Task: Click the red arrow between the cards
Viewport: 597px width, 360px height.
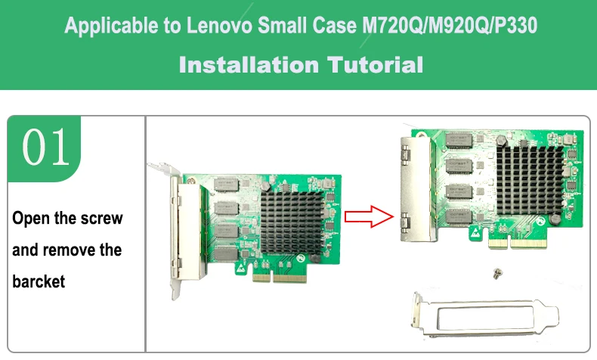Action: click(x=369, y=216)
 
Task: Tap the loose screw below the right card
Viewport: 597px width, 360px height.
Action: click(x=497, y=273)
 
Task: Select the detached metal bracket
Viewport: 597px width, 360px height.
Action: click(x=484, y=315)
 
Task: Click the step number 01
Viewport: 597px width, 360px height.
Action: click(x=45, y=147)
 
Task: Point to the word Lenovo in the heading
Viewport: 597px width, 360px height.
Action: click(x=219, y=26)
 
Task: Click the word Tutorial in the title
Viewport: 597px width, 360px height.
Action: click(x=375, y=65)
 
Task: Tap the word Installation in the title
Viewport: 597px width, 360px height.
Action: click(x=249, y=65)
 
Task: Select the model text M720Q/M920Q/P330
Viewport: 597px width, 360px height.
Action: click(x=450, y=26)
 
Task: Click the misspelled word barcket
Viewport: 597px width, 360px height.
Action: click(x=39, y=281)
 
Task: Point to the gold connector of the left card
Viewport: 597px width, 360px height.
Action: click(x=280, y=278)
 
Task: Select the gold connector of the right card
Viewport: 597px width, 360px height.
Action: click(x=517, y=244)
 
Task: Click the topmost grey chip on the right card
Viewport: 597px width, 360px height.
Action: click(x=459, y=140)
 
